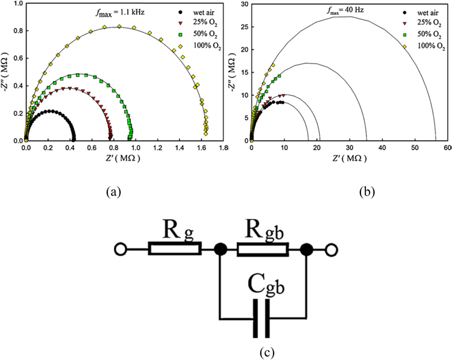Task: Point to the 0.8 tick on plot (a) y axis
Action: (x=15, y=31)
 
